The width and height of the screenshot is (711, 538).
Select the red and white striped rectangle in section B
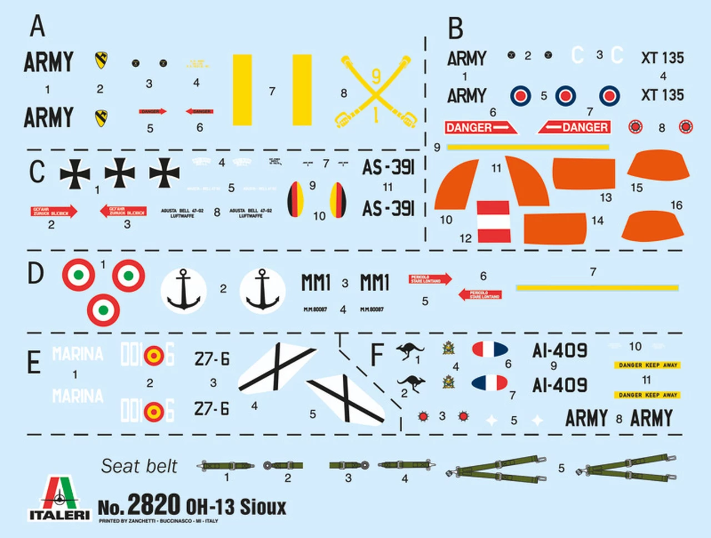coord(493,221)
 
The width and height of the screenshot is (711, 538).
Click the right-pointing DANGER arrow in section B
coord(480,127)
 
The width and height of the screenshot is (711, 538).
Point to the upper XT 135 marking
coord(662,57)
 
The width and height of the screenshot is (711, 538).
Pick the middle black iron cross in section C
coord(120,173)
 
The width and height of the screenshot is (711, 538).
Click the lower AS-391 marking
coord(388,209)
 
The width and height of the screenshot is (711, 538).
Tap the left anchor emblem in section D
coord(183,290)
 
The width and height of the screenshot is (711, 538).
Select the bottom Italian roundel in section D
coord(103,309)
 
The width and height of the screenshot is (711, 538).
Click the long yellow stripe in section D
coord(597,287)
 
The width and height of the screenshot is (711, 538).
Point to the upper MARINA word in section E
coord(78,353)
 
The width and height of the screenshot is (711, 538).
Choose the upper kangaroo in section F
coord(409,351)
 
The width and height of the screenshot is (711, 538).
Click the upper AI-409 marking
coord(559,350)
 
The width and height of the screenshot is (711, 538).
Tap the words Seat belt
coord(139,466)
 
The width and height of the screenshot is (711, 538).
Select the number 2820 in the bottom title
coord(153,505)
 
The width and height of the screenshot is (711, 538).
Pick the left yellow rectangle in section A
coord(242,89)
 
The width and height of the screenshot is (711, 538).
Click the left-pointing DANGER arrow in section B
coord(574,127)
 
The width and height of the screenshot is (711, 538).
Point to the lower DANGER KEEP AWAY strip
coord(647,395)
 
